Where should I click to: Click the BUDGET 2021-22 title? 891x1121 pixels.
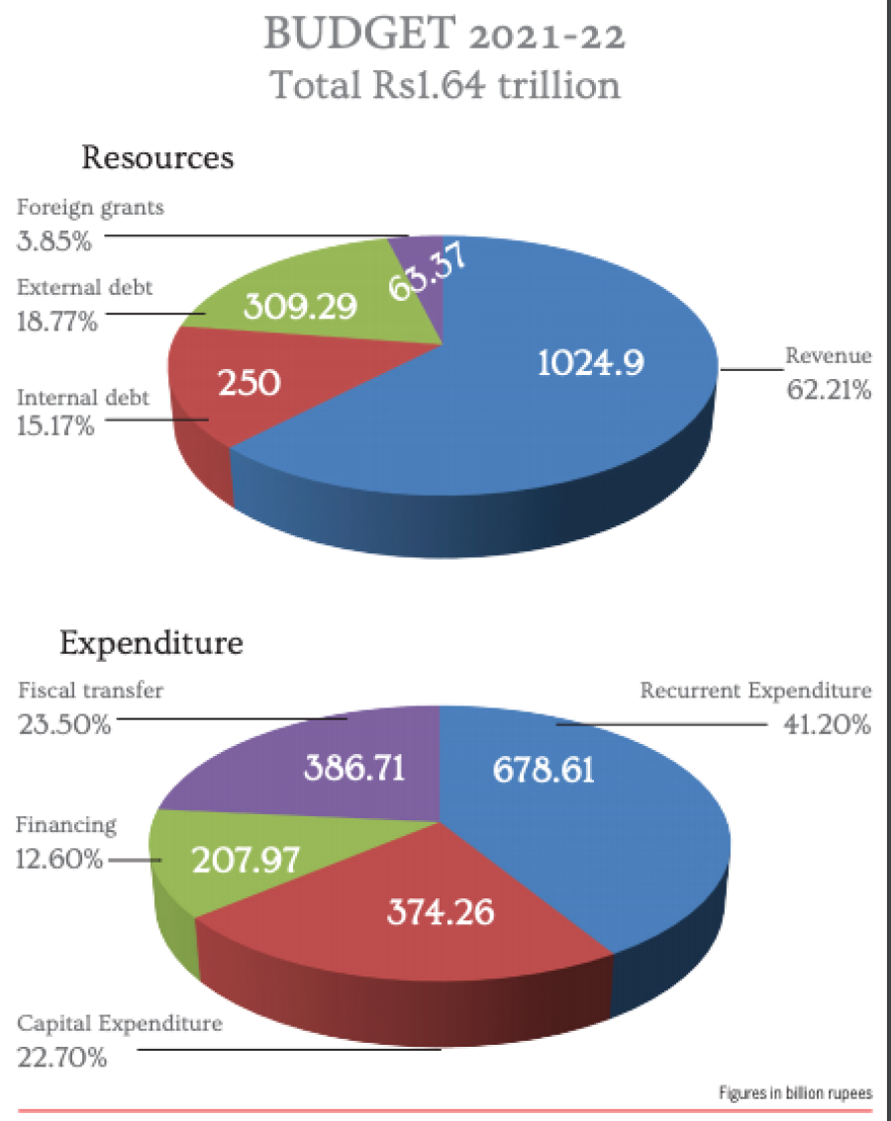[445, 36]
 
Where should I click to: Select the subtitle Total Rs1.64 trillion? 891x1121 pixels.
[445, 85]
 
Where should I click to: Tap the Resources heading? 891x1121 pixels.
[157, 157]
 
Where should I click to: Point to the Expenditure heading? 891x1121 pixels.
[151, 643]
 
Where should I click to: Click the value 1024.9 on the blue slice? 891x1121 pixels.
[590, 362]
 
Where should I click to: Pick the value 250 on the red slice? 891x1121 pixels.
[249, 382]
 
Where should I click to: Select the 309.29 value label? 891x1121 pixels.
[300, 308]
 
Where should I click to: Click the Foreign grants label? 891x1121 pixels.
[90, 209]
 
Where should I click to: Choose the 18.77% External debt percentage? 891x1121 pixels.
[57, 321]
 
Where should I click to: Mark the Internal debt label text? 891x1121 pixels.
[83, 398]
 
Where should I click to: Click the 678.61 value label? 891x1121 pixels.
[544, 769]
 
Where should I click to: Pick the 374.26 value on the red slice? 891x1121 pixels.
[440, 911]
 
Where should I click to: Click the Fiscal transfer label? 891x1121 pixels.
[90, 692]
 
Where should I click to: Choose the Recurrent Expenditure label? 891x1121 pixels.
[755, 691]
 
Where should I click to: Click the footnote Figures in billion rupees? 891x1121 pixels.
[795, 1093]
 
